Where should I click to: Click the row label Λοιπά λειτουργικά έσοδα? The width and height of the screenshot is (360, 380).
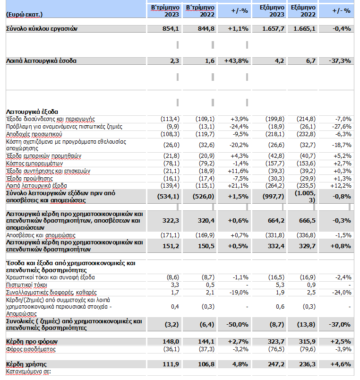[41, 60]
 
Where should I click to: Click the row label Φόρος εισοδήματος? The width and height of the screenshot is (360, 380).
[31, 349]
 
